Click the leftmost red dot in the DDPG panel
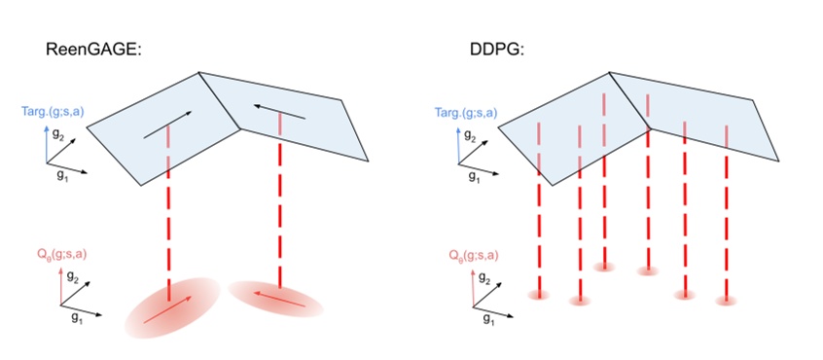538,293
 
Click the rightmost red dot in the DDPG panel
726,301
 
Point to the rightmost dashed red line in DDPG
726,214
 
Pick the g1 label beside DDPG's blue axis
474,176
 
